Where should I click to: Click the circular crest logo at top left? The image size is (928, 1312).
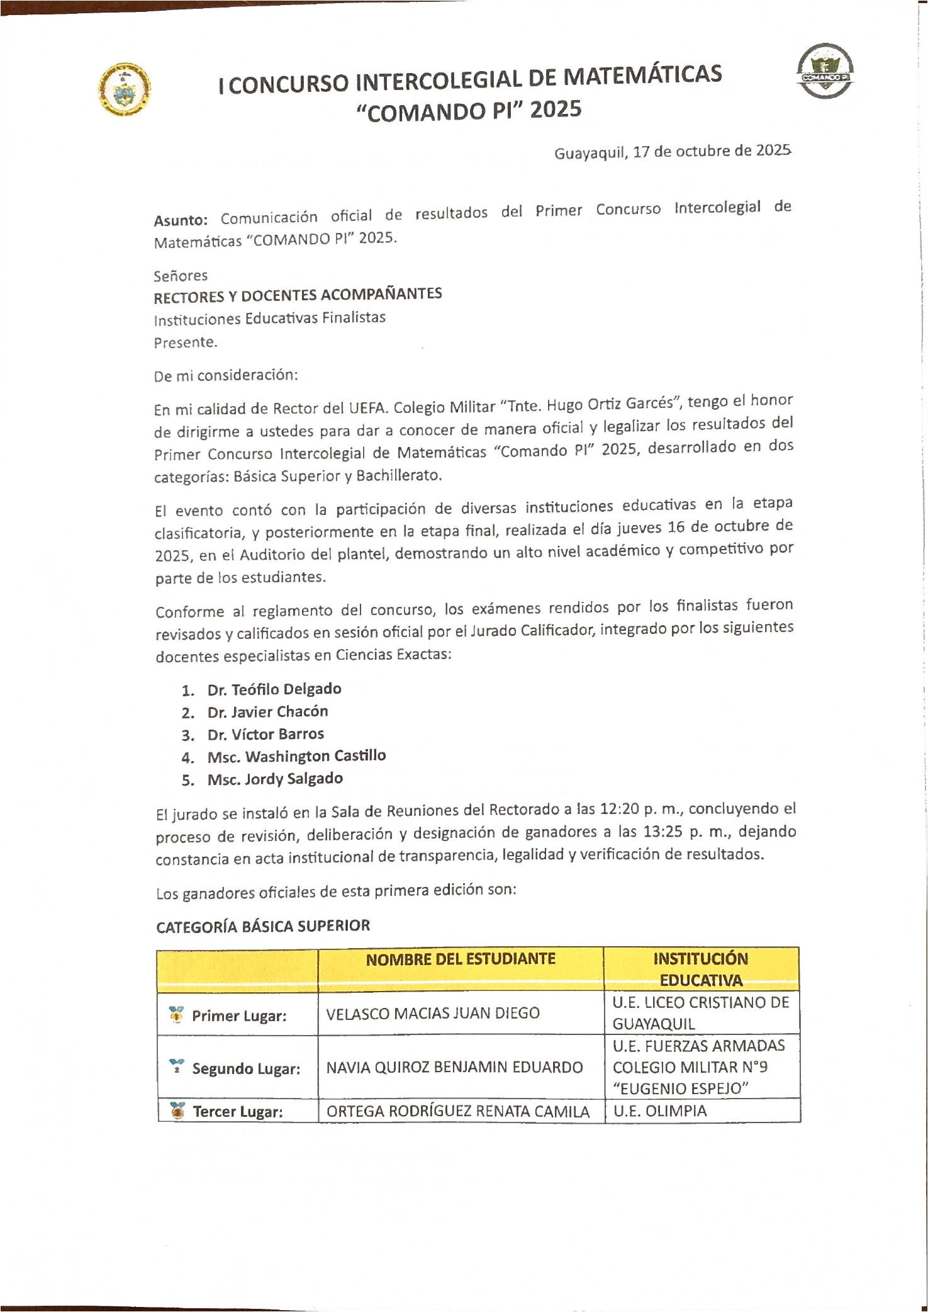point(125,90)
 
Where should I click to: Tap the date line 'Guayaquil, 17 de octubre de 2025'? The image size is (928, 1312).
point(672,152)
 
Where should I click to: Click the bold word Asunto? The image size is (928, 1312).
point(181,220)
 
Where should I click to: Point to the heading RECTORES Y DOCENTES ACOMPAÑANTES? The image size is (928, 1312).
point(298,295)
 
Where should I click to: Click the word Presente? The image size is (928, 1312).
point(186,342)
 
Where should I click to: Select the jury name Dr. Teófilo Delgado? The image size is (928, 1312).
point(274,689)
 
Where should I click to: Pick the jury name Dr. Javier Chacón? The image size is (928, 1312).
point(267,712)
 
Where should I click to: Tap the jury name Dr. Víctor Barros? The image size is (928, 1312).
point(266,735)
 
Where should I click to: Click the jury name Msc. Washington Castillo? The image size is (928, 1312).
point(296,757)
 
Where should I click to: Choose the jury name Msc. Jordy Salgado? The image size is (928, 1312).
point(275,779)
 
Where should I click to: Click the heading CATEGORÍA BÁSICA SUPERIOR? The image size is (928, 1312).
point(263,927)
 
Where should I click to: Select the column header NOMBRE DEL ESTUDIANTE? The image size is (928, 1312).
point(461,959)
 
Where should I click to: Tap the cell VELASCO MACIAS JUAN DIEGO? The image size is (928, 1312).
point(433,1014)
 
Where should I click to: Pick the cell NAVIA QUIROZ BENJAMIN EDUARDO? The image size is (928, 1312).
point(454,1068)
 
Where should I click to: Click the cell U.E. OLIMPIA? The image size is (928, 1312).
point(660,1111)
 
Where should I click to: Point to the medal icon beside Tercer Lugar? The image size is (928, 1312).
point(178,1111)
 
